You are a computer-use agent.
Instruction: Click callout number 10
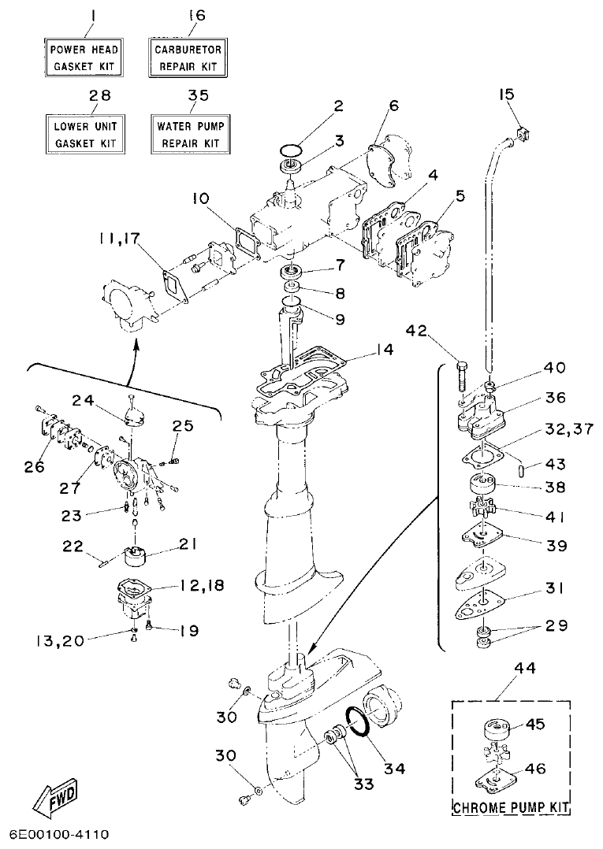pyautogui.click(x=202, y=199)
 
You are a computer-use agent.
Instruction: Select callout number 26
pyautogui.click(x=34, y=467)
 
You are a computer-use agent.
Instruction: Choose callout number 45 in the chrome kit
pyautogui.click(x=535, y=725)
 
